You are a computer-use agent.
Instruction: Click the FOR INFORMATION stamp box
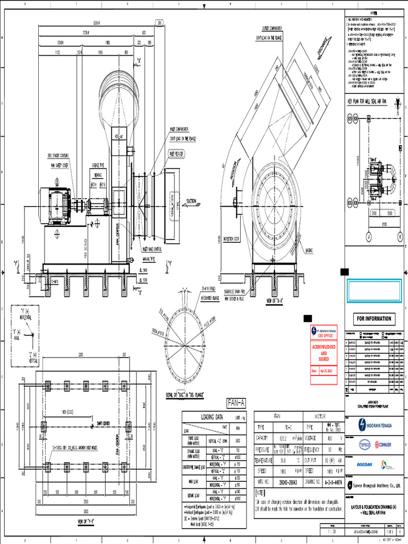click(373, 319)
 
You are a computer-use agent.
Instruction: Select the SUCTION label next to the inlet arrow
click(192, 201)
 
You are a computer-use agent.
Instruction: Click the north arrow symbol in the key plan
click(397, 110)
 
